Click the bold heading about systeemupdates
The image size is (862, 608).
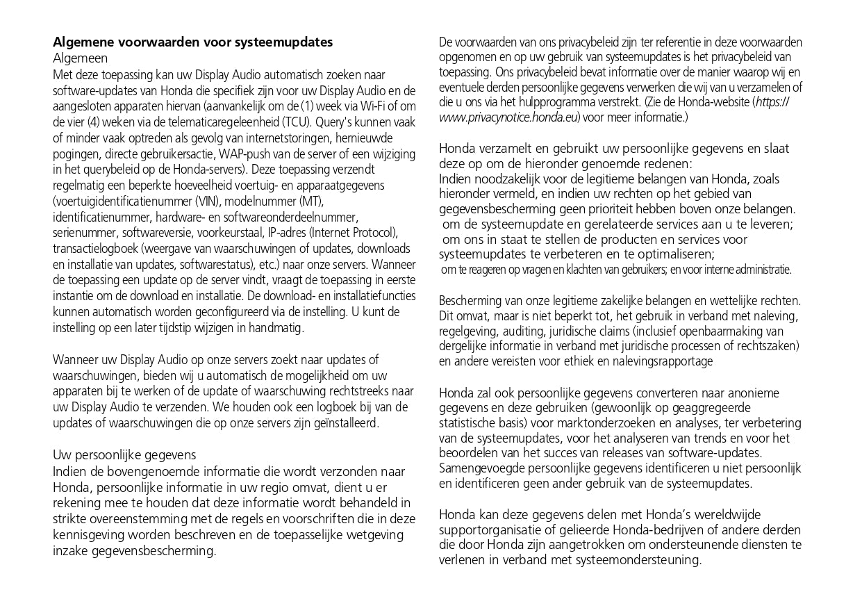(x=192, y=42)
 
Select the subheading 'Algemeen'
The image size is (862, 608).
(x=80, y=58)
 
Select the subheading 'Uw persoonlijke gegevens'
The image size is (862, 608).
(x=124, y=455)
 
